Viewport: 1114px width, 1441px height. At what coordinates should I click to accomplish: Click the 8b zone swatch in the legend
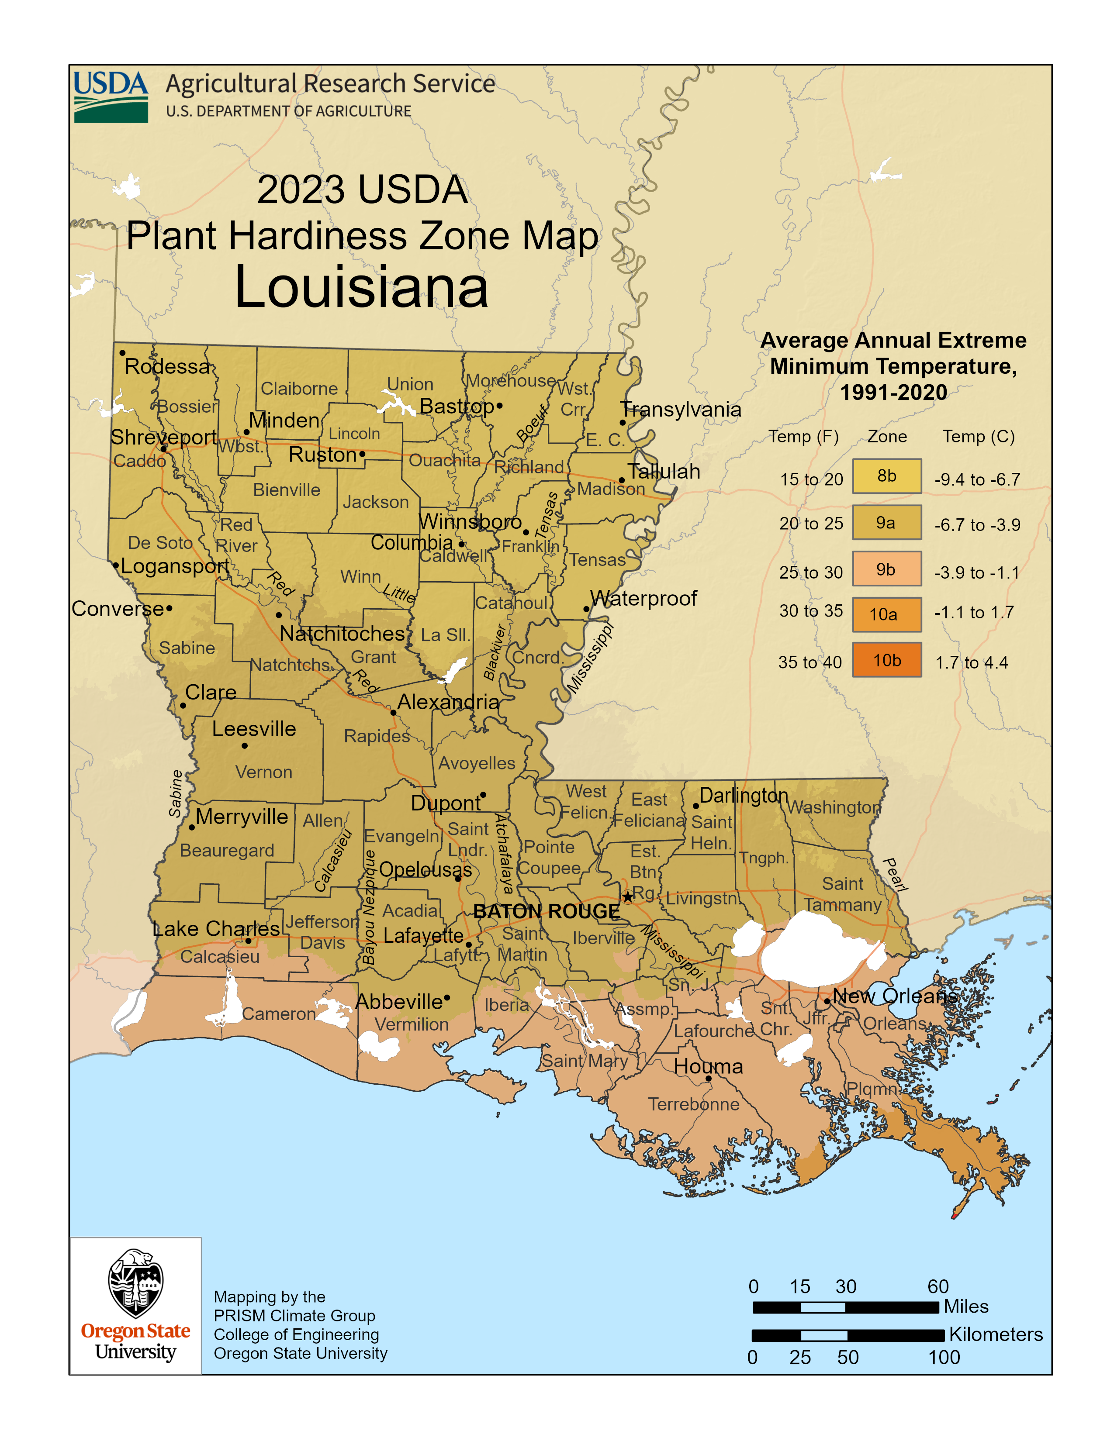[886, 476]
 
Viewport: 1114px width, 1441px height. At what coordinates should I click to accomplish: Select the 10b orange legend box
[886, 660]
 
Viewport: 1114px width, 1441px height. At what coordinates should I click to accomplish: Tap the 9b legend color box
[886, 569]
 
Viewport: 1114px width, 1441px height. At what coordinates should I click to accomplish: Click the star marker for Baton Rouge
[628, 896]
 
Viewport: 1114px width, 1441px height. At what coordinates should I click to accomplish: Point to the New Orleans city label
[894, 996]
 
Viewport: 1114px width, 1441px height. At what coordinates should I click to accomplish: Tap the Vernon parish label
[263, 772]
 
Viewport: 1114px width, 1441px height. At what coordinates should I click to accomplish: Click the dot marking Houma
[708, 1079]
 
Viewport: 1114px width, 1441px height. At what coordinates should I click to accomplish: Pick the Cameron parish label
[279, 1014]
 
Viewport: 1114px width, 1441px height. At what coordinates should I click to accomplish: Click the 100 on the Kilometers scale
[944, 1357]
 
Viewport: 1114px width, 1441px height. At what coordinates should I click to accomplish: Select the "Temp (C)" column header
[978, 436]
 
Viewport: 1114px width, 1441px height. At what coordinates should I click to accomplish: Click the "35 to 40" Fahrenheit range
[810, 662]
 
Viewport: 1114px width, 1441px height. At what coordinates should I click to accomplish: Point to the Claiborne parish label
[299, 389]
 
